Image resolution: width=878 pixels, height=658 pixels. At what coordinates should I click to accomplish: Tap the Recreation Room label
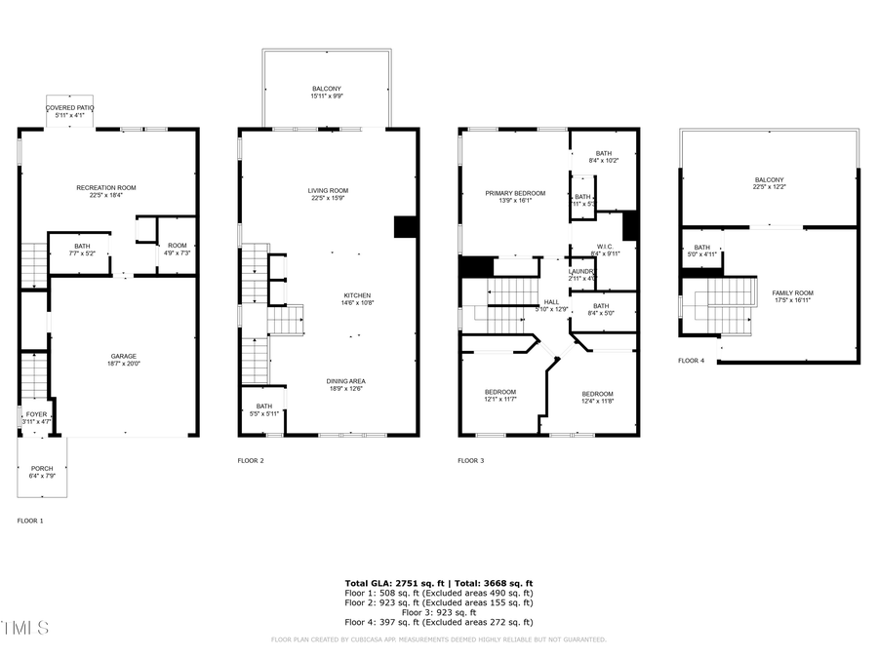106,187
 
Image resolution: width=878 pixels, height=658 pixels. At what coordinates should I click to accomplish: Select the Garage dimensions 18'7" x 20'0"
123,364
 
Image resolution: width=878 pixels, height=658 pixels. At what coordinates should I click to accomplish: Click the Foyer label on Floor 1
36,414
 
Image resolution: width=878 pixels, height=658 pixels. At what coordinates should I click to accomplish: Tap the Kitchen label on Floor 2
356,295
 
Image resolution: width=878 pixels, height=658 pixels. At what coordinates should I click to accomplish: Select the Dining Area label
346,380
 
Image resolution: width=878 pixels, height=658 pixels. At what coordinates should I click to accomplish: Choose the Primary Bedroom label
515,193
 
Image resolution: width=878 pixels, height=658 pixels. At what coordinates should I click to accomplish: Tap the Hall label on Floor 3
551,302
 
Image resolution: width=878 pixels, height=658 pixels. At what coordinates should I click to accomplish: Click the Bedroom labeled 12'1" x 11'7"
500,392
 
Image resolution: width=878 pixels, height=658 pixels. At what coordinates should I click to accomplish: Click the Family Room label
792,292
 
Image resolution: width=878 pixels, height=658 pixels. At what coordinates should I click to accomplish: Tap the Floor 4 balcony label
769,179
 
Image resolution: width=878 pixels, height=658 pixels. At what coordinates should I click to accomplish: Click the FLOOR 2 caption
251,460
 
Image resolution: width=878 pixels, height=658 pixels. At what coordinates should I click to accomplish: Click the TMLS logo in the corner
24,626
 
